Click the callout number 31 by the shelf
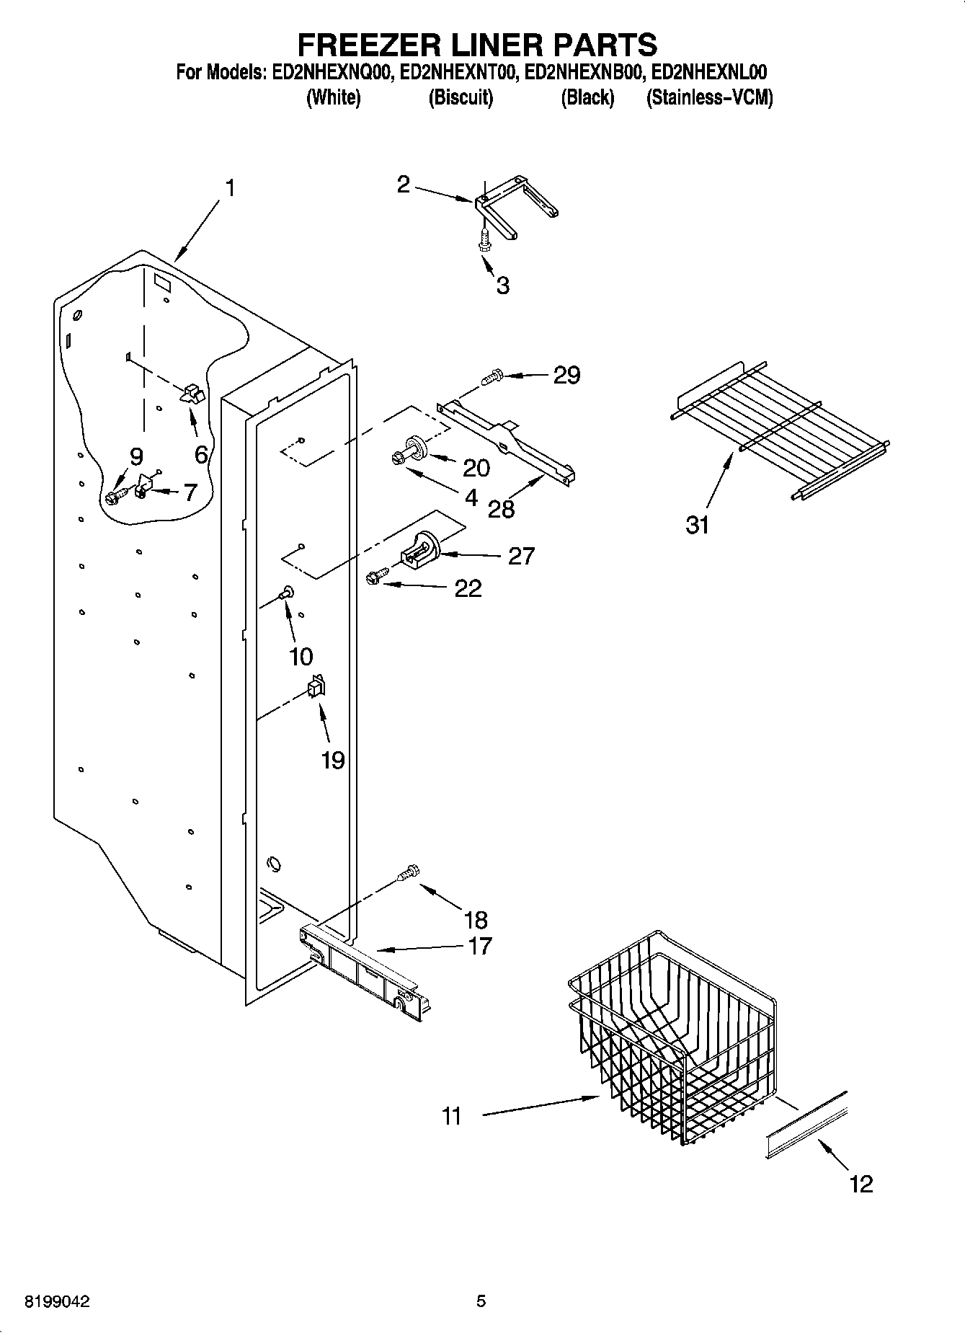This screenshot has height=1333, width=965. coord(697,525)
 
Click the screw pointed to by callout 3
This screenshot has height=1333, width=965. coord(485,239)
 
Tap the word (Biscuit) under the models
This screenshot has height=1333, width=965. coord(461,98)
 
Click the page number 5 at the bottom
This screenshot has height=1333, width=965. coord(481,1301)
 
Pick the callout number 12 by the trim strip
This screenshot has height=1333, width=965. coord(861,1183)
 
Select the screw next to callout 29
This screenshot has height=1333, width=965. coord(492,376)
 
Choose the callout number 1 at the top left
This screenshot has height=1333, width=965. coord(229,189)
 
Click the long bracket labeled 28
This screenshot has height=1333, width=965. coord(508,440)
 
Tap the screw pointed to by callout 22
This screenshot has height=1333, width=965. coord(375,576)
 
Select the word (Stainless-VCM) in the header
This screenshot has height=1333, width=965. coord(709,98)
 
